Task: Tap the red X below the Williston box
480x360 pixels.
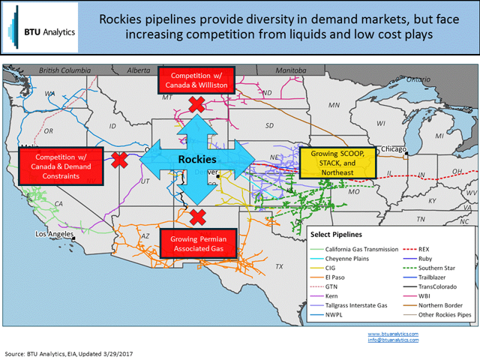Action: coord(197,104)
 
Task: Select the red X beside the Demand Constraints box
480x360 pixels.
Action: coord(118,159)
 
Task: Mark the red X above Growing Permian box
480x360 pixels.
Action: coord(198,217)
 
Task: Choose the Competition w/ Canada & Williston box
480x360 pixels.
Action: coord(197,81)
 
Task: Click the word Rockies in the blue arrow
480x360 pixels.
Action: coord(197,160)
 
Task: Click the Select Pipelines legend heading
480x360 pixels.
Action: coord(346,235)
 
